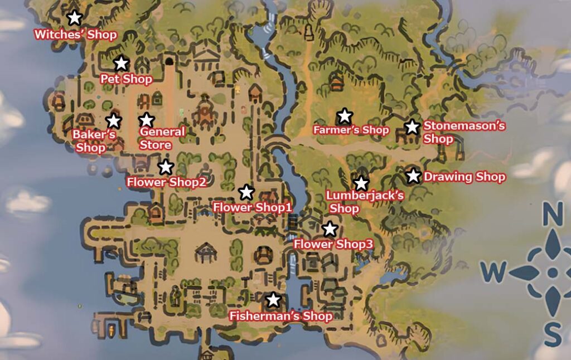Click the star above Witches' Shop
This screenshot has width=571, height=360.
point(74,18)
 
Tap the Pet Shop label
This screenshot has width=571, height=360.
point(126,79)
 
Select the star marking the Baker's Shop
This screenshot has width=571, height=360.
point(113,120)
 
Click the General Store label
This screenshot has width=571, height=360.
point(162,138)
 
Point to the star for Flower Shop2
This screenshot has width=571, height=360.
point(166,167)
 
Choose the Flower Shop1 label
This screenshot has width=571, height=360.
point(253,207)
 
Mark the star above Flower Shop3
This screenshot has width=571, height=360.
point(330,229)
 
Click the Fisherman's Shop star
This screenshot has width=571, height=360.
point(273,300)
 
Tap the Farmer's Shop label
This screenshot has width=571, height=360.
point(351,130)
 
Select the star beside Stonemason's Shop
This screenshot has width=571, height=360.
point(412,127)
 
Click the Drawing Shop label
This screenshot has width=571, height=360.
point(464,177)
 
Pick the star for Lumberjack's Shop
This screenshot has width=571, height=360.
point(361,183)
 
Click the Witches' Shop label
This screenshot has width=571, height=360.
point(75,35)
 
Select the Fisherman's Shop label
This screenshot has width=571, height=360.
point(280,317)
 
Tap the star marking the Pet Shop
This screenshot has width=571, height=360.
point(121,64)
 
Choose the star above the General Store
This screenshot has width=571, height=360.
point(146,120)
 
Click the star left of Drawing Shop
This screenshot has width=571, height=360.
point(413,176)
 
